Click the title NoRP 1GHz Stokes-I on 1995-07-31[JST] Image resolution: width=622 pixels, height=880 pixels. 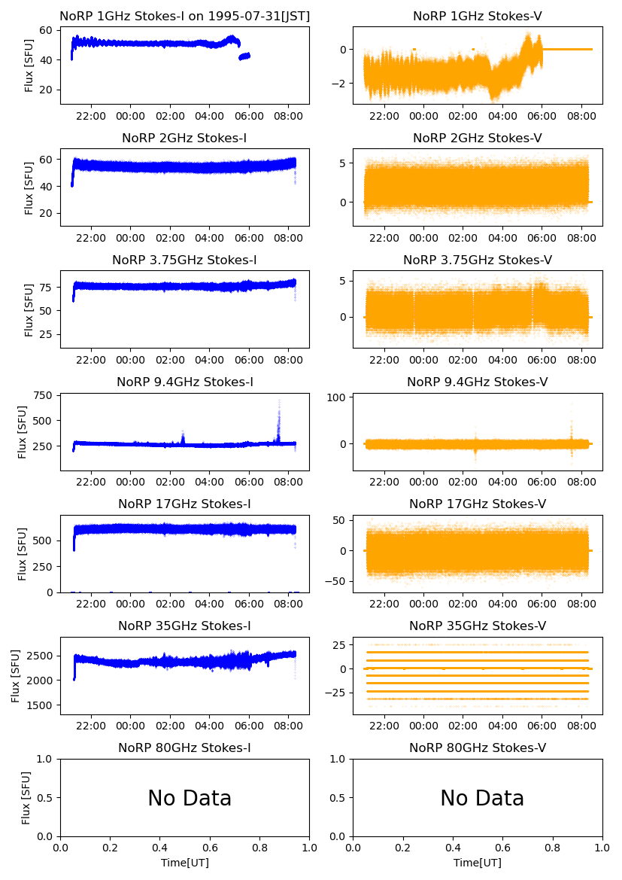[184, 17]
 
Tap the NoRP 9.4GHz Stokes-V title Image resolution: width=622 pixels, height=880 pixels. [478, 382]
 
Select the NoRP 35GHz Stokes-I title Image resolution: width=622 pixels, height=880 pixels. [184, 626]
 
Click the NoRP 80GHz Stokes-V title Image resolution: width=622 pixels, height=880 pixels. [478, 748]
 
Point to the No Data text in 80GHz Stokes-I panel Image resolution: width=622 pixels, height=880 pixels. [190, 799]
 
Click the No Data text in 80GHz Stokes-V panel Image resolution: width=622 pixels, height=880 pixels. [482, 799]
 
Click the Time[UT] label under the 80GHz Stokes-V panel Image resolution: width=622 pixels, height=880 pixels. [478, 863]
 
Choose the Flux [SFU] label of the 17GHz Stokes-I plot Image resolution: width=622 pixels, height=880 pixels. [23, 553]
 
